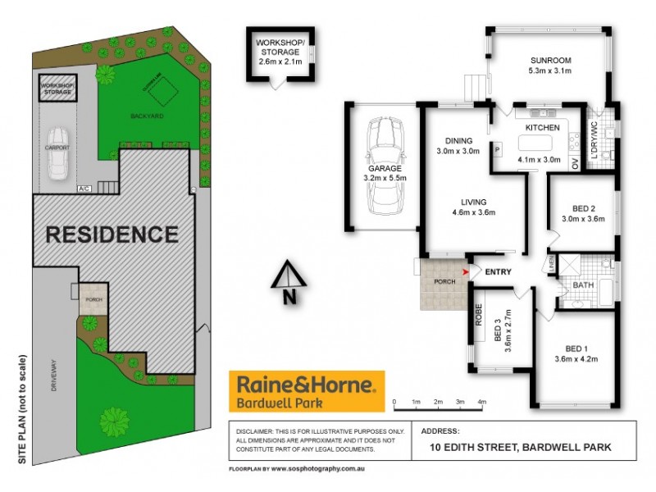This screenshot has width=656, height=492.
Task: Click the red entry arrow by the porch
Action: pyautogui.click(x=467, y=271)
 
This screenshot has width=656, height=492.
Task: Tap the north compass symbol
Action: pyautogui.click(x=288, y=282)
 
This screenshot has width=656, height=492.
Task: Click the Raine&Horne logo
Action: pyautogui.click(x=306, y=390)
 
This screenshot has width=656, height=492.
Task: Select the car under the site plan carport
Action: pyautogui.click(x=58, y=153)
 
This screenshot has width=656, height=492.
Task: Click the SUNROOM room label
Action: pyautogui.click(x=549, y=61)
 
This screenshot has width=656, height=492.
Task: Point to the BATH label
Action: pyautogui.click(x=583, y=285)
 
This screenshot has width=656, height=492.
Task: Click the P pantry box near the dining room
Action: pyautogui.click(x=497, y=148)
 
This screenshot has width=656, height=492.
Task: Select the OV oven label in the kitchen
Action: pyautogui.click(x=575, y=163)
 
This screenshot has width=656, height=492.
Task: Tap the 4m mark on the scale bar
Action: pyautogui.click(x=482, y=402)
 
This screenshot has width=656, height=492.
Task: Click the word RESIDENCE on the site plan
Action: pyautogui.click(x=112, y=235)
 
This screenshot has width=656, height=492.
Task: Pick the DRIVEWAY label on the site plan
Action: pyautogui.click(x=54, y=382)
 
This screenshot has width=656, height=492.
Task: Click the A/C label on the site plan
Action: pyautogui.click(x=84, y=189)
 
